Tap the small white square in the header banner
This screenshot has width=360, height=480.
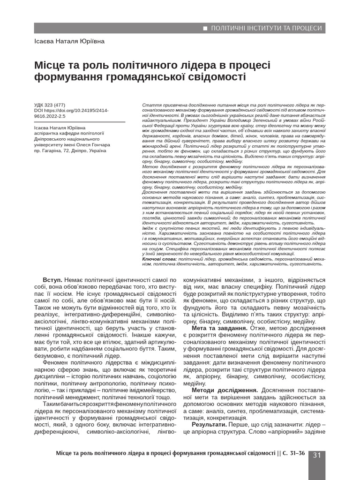click(x=205, y=29)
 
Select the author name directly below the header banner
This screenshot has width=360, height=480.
click(x=69, y=41)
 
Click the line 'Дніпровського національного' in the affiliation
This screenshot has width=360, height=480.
click(x=65, y=139)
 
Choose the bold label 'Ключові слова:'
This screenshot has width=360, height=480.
click(x=159, y=258)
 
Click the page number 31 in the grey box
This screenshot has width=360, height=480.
click(x=316, y=455)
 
